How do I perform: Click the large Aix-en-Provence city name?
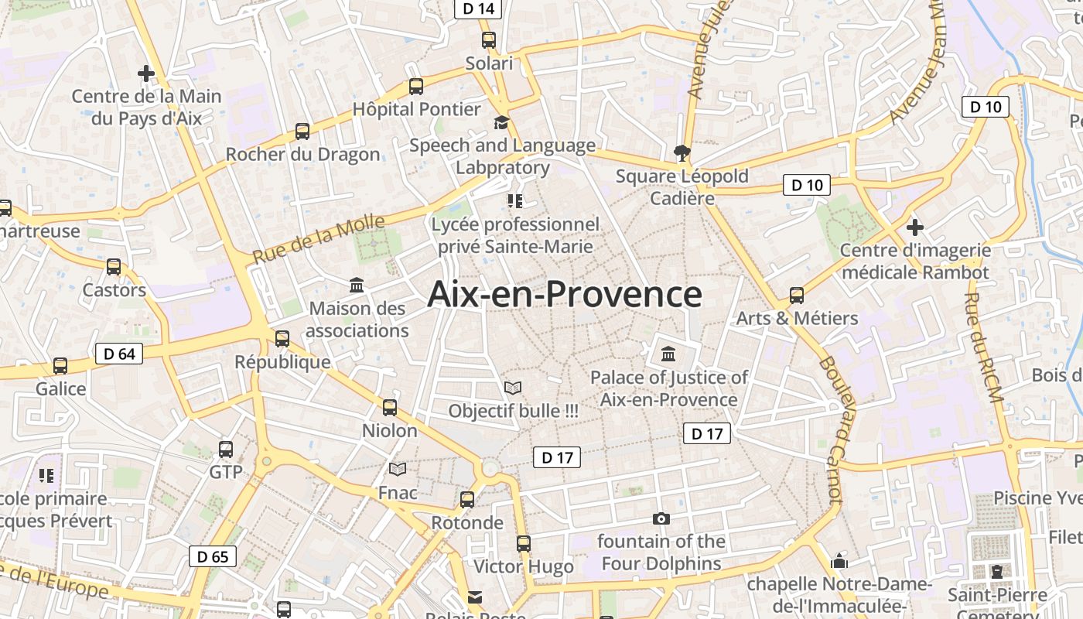pyautogui.click(x=565, y=295)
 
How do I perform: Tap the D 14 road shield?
pyautogui.click(x=477, y=9)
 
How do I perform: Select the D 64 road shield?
pyautogui.click(x=119, y=354)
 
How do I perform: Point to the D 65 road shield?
pyautogui.click(x=213, y=556)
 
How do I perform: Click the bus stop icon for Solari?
pyautogui.click(x=489, y=40)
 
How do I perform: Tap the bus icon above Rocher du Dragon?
pyautogui.click(x=302, y=132)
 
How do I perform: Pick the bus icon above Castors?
pyautogui.click(x=114, y=267)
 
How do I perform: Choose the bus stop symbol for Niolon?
pyautogui.click(x=390, y=408)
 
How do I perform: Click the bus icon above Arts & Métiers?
pyautogui.click(x=797, y=296)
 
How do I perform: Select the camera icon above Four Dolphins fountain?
pyautogui.click(x=661, y=518)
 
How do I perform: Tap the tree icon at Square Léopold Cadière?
pyautogui.click(x=682, y=152)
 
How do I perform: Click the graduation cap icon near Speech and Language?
pyautogui.click(x=502, y=122)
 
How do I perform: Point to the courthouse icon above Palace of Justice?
pyautogui.click(x=668, y=354)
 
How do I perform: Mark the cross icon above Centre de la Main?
pyautogui.click(x=146, y=74)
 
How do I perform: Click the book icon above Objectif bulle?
pyautogui.click(x=513, y=388)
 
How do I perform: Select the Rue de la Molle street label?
pyautogui.click(x=319, y=239)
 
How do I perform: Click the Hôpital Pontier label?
pyautogui.click(x=417, y=109)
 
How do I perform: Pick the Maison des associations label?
pyautogui.click(x=357, y=320)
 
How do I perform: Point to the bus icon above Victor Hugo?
pyautogui.click(x=524, y=544)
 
